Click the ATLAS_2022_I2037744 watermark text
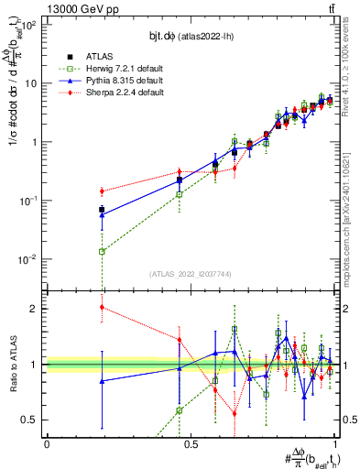(191, 274)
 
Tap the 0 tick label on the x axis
(47, 444)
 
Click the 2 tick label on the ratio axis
(35, 309)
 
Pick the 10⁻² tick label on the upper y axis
(29, 259)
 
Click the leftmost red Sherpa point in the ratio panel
(102, 307)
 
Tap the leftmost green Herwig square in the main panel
(102, 251)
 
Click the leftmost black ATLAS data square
(102, 210)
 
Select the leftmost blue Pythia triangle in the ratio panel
(102, 381)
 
